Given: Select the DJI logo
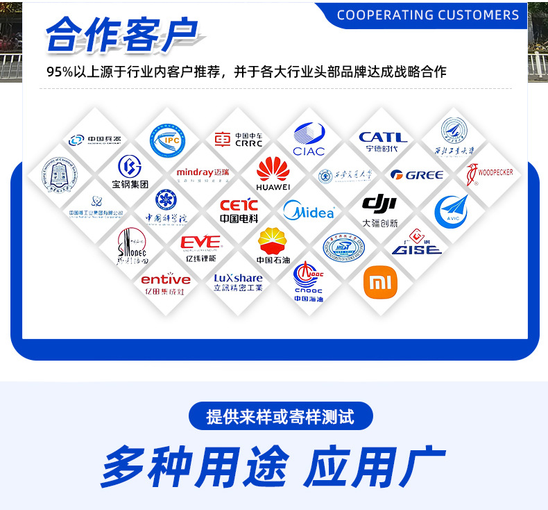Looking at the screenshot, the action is pos(379,209).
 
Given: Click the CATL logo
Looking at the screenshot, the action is pos(382,141).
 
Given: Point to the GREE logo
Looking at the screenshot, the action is pos(416,174).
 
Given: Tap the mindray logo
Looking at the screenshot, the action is pos(202,173).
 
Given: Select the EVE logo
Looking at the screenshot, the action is pos(200,246).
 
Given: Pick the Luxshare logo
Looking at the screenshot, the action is pos(238,281).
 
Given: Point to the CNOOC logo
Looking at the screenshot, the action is pos(309,281).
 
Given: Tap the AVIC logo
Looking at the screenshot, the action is pos(452,211).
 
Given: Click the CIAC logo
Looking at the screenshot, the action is pos(309,139).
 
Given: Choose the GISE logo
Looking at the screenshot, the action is pos(416,243).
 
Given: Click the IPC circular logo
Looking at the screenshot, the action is pos(167,140).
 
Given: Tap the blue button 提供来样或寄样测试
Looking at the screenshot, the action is pos(280,416).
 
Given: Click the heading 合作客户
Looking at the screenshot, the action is pos(121,35).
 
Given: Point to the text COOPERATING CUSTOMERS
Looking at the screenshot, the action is pos(427,15).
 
